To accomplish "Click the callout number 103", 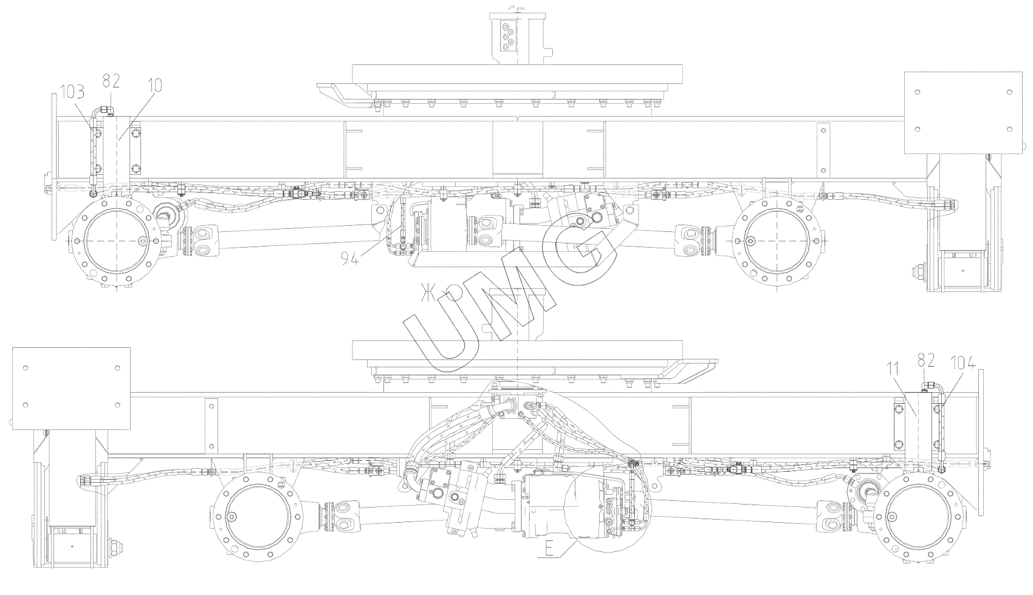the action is (x=72, y=92).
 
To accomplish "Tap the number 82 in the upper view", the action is (x=111, y=81).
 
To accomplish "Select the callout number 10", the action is (x=155, y=85).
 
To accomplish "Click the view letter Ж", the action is (x=430, y=292).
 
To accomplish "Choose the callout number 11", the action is (x=893, y=369).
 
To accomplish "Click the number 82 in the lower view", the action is (x=926, y=361).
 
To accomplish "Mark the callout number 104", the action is (x=963, y=364).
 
